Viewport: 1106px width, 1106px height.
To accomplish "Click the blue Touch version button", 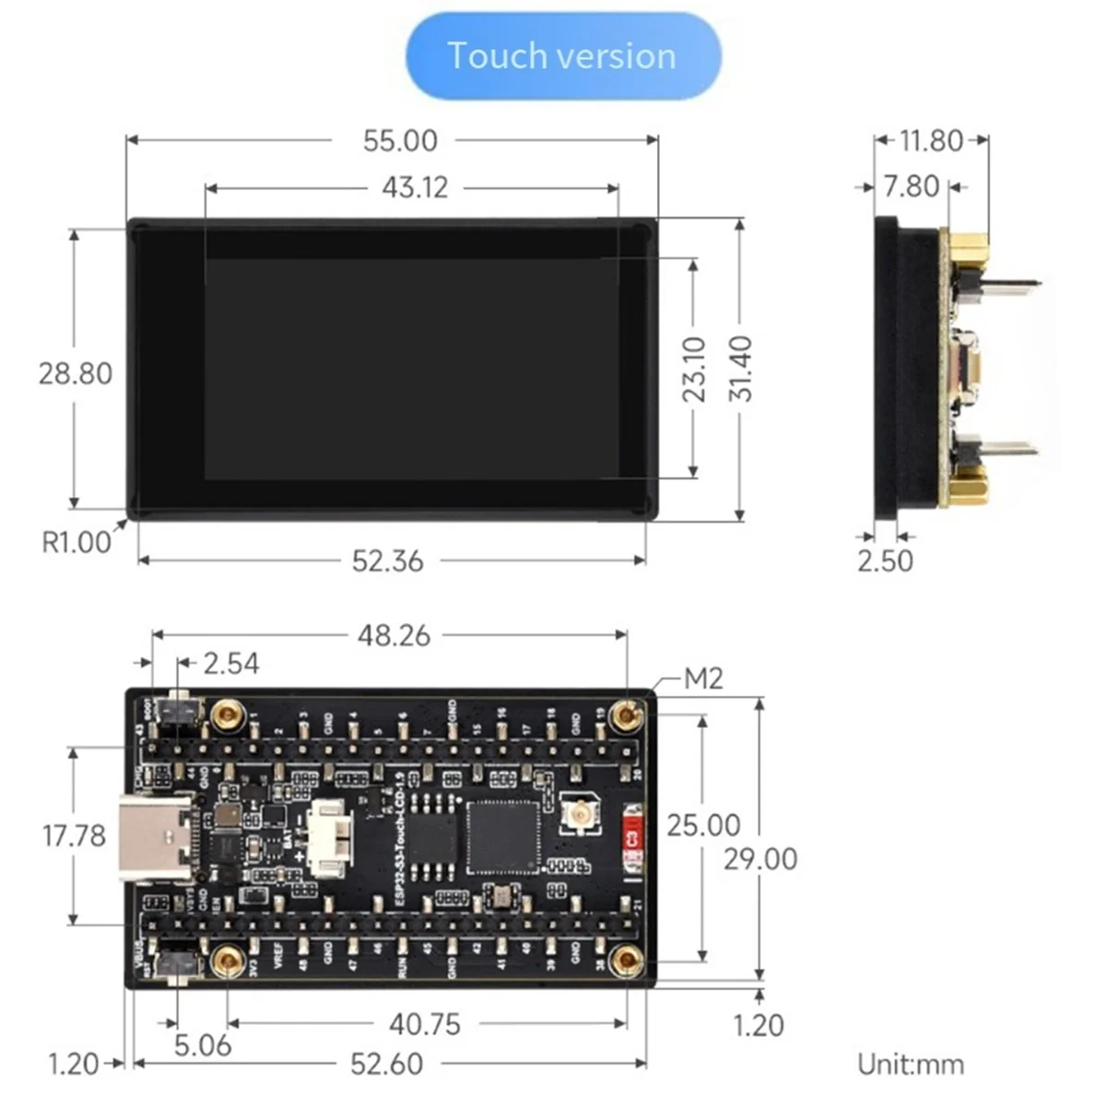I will (x=563, y=56).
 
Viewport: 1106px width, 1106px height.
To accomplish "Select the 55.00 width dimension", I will (x=400, y=141).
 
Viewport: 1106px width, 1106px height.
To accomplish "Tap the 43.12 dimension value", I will (x=415, y=187).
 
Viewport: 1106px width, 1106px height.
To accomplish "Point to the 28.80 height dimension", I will (x=75, y=373).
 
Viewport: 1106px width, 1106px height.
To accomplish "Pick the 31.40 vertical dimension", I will (x=740, y=369).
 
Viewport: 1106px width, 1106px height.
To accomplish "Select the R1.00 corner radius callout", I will (x=76, y=542).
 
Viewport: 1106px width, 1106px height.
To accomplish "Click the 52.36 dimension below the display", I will (x=387, y=560).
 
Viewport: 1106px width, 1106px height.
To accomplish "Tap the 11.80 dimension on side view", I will (x=931, y=141).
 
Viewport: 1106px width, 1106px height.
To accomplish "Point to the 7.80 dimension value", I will (x=911, y=187).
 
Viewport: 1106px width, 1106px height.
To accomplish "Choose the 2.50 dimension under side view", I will (x=885, y=560).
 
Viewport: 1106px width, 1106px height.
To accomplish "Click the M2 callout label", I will (x=703, y=679).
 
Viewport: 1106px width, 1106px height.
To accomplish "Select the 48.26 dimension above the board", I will (x=394, y=635).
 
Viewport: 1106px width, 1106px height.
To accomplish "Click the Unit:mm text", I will (x=911, y=1065).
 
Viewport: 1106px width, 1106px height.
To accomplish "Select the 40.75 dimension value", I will (x=425, y=1024).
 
